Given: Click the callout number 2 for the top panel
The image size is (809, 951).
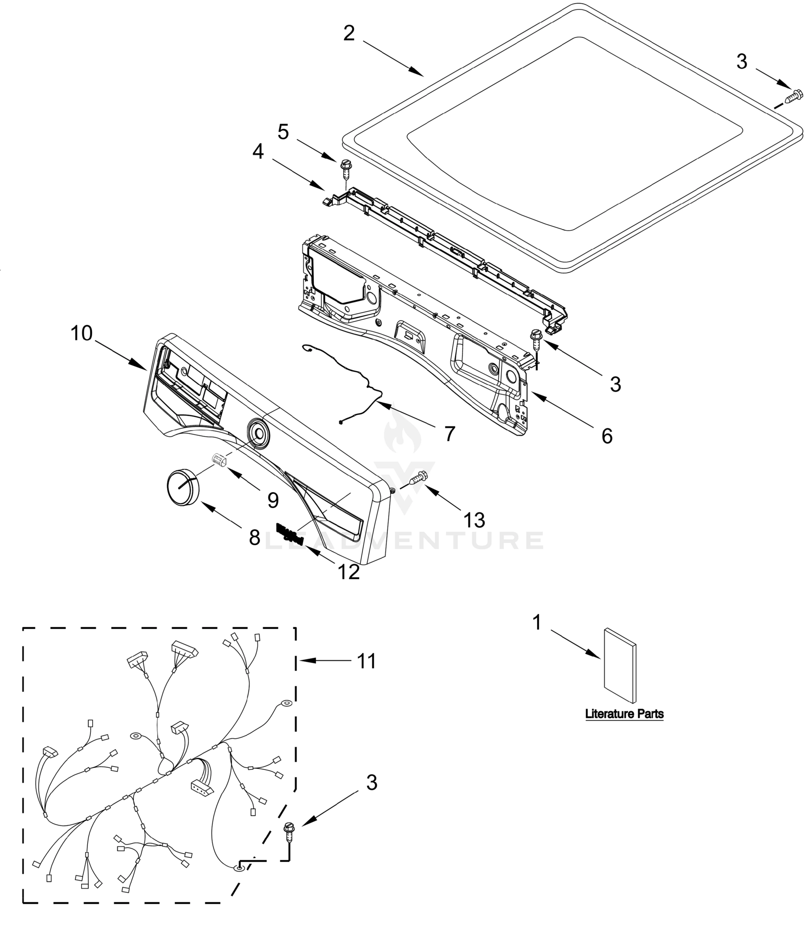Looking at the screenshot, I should [349, 34].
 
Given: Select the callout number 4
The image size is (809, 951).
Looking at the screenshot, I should [258, 152].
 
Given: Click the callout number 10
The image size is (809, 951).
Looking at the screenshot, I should [82, 334].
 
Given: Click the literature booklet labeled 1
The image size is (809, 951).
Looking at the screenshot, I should [620, 665].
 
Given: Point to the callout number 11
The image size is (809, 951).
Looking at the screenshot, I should [366, 661].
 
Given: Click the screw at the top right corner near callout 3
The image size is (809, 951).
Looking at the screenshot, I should [794, 97].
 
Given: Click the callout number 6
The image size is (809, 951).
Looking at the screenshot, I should [607, 436].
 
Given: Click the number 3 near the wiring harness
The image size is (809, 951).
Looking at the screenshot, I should [372, 783].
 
